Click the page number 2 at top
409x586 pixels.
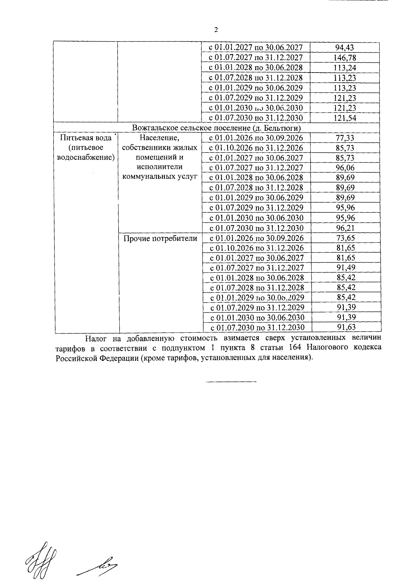(216, 30)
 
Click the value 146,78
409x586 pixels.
(345, 58)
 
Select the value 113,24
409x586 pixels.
(345, 67)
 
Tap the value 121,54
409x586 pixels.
(345, 118)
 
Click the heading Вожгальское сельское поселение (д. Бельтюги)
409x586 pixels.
(216, 128)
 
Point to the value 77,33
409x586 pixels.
(345, 138)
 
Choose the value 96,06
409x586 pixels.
(345, 168)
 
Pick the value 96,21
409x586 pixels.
(346, 228)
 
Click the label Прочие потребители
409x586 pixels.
(160, 238)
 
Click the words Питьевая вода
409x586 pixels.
(86, 138)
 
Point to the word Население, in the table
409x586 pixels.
(160, 138)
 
